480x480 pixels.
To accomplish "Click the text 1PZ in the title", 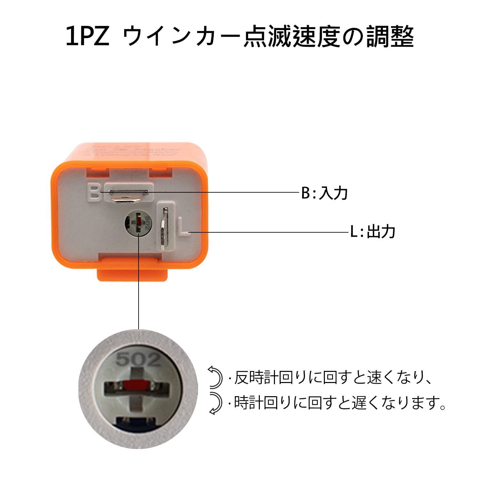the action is pyautogui.click(x=87, y=36).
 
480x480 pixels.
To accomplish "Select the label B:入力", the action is pyautogui.click(x=324, y=193).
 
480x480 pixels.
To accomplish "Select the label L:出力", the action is pyautogui.click(x=372, y=231).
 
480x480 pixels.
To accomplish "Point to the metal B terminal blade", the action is pyautogui.click(x=128, y=196).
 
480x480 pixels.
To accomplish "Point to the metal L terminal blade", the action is pyautogui.click(x=164, y=228).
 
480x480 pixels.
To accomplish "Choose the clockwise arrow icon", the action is pyautogui.click(x=215, y=404).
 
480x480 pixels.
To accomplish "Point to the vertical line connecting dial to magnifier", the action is pyautogui.click(x=139, y=282).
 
